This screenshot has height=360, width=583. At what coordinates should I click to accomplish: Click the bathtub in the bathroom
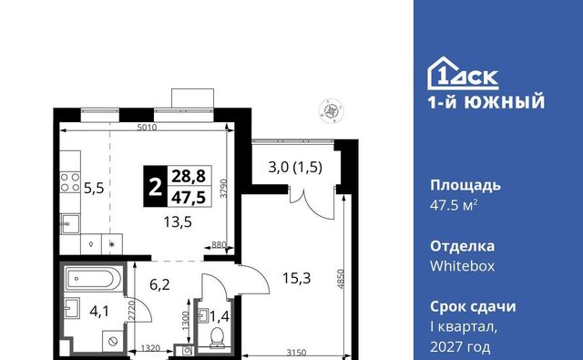point(93,279)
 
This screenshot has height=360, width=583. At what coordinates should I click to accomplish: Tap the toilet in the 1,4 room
point(217,337)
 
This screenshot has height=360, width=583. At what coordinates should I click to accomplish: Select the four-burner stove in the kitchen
point(70,182)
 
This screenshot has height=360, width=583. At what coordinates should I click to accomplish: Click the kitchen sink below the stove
point(70,224)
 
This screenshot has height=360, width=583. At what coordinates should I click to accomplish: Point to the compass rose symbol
point(331,110)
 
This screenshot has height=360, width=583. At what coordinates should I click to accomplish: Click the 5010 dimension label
point(147,128)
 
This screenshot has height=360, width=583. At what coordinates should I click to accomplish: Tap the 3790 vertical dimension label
point(223,189)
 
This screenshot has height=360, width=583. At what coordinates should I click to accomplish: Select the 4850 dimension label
point(341,279)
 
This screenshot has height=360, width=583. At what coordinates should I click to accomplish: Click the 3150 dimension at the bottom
point(296,352)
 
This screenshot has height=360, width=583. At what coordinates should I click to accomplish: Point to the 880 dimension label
point(219,245)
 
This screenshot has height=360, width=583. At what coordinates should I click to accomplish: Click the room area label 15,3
point(296,278)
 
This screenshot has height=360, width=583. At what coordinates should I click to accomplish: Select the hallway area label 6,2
point(159,285)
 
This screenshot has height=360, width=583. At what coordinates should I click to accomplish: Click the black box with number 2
point(156,186)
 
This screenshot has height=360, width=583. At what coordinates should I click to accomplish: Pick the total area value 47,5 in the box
point(189,197)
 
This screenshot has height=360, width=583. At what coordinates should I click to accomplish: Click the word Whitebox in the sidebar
point(462,266)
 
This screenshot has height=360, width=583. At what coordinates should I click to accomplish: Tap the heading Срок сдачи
point(473,307)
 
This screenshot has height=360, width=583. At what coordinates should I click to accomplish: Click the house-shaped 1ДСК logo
point(463,73)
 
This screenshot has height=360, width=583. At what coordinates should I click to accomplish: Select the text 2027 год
point(460,347)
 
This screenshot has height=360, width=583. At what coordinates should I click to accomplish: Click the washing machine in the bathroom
point(113,341)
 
